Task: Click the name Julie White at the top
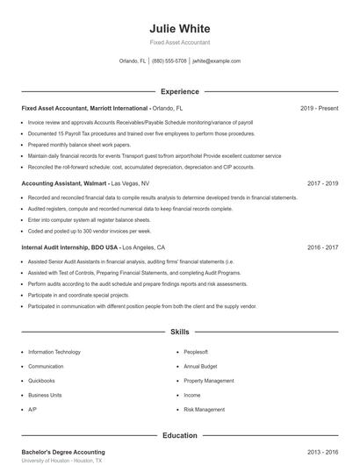[179, 27]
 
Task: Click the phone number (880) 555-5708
[169, 61]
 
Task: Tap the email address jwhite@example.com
[216, 61]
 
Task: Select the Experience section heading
[179, 91]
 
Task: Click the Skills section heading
[179, 333]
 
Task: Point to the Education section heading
[179, 435]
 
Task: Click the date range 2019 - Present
[319, 108]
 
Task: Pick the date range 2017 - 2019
[323, 184]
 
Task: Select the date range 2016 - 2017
[323, 248]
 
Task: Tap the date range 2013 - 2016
[323, 452]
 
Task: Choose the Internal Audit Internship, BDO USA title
[70, 248]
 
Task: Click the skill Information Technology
[54, 352]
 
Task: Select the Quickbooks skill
[41, 381]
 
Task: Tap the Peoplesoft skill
[195, 352]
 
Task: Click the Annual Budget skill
[199, 367]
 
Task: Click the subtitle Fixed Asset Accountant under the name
[179, 42]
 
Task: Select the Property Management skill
[209, 381]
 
